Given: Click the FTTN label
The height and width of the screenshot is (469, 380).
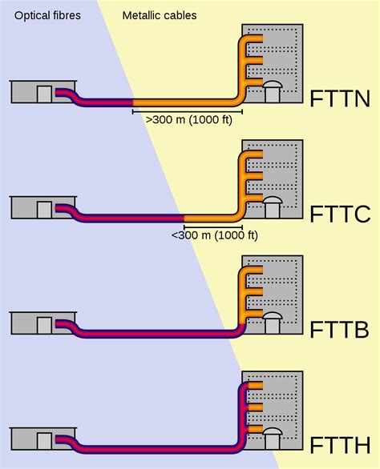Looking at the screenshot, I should click(x=340, y=100).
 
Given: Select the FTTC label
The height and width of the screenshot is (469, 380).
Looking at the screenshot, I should click(x=340, y=214).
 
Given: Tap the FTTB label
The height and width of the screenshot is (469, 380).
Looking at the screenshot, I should click(x=340, y=331).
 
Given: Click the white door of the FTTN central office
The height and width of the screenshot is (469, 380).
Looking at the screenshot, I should click(x=45, y=94).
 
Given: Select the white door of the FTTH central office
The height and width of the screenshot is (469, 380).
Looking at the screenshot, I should click(x=45, y=441).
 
